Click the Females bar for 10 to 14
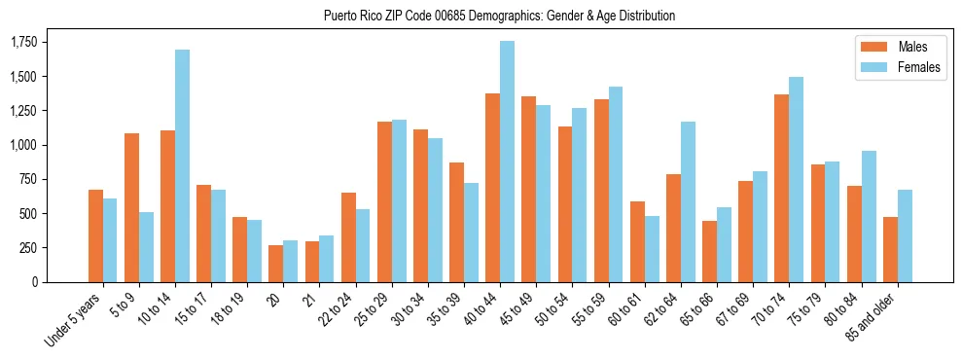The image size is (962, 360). click(182, 165)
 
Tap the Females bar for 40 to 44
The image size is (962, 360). click(507, 162)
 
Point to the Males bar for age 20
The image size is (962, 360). click(276, 264)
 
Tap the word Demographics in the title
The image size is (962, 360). click(481, 16)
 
